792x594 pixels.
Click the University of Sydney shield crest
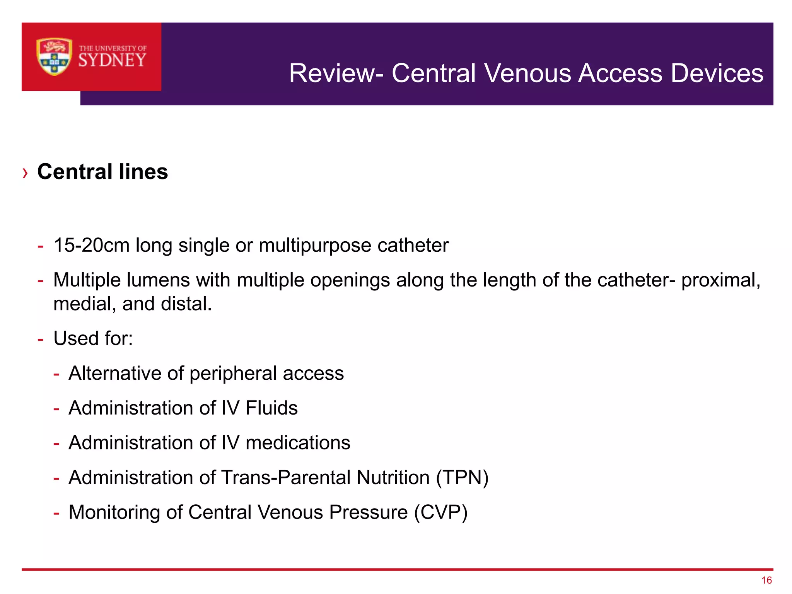54,56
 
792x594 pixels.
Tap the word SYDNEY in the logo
112,60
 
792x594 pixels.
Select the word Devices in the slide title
717,73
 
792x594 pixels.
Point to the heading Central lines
102,172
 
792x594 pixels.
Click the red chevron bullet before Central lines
25,173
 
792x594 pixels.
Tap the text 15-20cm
91,245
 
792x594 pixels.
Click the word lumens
158,280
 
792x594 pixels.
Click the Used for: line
93,338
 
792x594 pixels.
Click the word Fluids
271,408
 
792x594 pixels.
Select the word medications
298,443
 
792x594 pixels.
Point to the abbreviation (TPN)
462,478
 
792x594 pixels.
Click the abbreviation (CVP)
440,512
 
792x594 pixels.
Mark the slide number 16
766,580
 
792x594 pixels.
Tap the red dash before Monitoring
56,514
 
